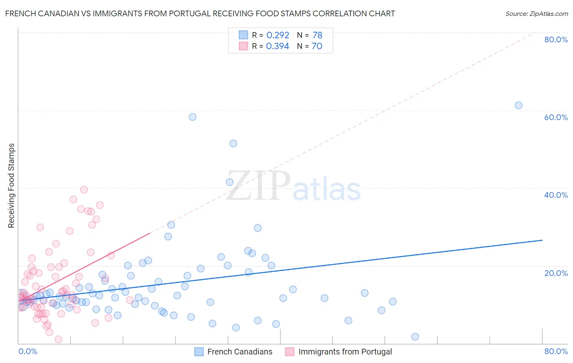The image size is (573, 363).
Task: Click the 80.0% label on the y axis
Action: click(x=556, y=39)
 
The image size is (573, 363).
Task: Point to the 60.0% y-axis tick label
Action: click(x=556, y=117)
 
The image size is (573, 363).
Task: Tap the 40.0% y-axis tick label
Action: click(x=556, y=195)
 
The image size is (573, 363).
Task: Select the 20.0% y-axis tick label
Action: click(x=556, y=273)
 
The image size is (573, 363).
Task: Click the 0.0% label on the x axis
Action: click(x=28, y=351)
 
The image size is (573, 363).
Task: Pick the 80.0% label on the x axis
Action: click(x=556, y=351)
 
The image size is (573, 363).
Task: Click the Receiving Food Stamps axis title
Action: click(x=11, y=186)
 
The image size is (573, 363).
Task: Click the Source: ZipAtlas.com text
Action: click(x=536, y=13)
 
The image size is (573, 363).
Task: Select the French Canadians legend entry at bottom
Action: click(x=240, y=352)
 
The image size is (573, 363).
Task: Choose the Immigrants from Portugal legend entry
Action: click(x=345, y=352)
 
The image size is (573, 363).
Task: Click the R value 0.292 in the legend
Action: click(x=278, y=35)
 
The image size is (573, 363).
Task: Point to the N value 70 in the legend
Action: click(x=317, y=46)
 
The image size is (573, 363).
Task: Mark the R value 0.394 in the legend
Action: click(x=278, y=46)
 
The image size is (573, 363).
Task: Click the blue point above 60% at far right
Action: click(x=518, y=105)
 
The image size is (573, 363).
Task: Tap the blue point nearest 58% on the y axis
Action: click(x=192, y=117)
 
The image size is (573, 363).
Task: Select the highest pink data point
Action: click(x=84, y=190)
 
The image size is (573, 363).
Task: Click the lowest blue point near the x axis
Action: click(x=415, y=337)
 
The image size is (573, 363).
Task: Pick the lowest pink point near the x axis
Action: click(x=58, y=339)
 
